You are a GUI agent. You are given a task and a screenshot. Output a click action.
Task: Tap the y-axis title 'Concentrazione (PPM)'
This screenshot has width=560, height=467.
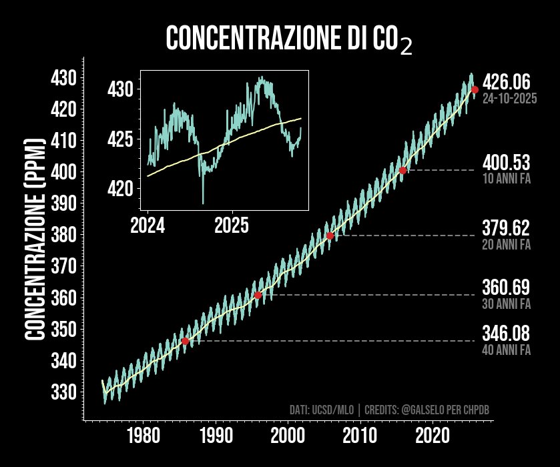pyautogui.click(x=35, y=239)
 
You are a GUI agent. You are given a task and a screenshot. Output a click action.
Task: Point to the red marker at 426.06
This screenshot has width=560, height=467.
pyautogui.click(x=475, y=89)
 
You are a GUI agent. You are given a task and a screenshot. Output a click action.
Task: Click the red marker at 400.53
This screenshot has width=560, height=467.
pyautogui.click(x=402, y=171)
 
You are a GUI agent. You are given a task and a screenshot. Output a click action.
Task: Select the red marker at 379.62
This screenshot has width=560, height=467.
pyautogui.click(x=330, y=236)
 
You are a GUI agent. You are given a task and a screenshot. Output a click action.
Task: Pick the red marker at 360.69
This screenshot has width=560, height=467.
pyautogui.click(x=258, y=295)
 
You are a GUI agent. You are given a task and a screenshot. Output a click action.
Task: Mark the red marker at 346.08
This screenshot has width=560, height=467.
pyautogui.click(x=186, y=341)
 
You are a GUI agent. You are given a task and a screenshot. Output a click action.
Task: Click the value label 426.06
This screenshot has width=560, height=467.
pyautogui.click(x=506, y=82)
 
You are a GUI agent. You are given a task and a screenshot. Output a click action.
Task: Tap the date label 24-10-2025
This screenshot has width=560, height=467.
pyautogui.click(x=509, y=99)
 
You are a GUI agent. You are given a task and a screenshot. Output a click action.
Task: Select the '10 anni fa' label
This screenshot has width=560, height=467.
pyautogui.click(x=506, y=179)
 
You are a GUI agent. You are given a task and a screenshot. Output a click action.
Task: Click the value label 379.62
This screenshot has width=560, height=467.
pyautogui.click(x=506, y=228)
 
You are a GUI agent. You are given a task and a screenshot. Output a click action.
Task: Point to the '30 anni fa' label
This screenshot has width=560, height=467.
pyautogui.click(x=506, y=304)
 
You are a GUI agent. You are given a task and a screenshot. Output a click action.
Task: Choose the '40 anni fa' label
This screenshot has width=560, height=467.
pyautogui.click(x=506, y=350)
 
